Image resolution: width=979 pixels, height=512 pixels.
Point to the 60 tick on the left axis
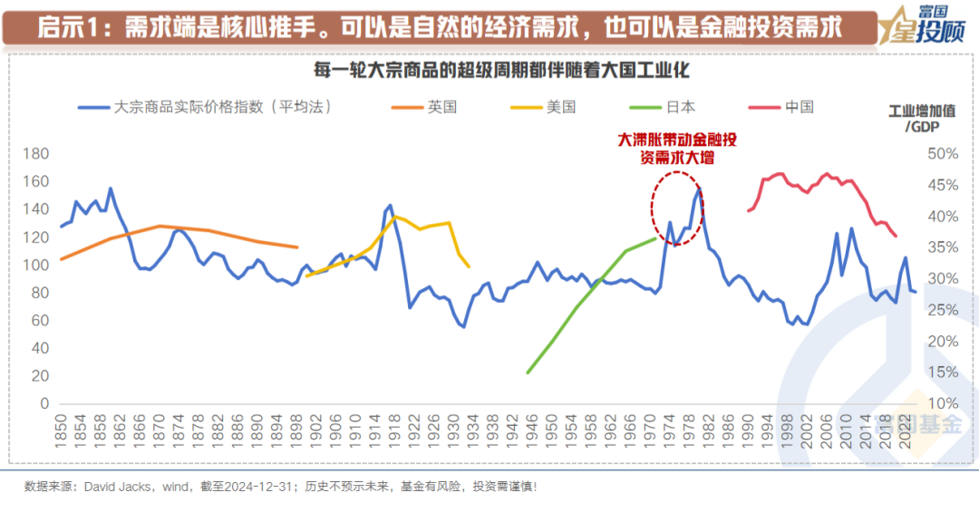coord(37,320)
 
